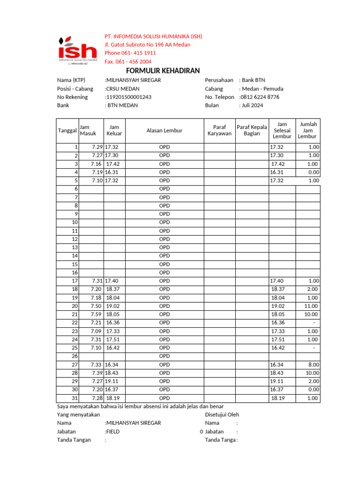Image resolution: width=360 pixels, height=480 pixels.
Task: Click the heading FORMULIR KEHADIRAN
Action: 163,71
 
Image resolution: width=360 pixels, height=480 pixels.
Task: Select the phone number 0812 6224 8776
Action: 259,97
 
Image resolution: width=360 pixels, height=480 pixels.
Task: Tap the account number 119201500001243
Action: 128,97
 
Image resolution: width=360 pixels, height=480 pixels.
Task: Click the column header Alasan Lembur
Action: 164,130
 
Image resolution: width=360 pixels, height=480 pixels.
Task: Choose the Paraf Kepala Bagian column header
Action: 252,130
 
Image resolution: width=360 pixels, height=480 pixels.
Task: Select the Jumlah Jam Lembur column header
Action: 308,130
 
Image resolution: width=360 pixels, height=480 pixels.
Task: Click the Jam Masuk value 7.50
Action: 96,306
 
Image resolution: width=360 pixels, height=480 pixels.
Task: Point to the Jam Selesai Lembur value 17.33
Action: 277,331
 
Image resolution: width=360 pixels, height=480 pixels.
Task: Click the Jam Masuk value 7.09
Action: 96,331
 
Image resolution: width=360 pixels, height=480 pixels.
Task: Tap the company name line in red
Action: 153,37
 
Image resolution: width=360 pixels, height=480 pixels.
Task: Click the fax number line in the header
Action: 128,62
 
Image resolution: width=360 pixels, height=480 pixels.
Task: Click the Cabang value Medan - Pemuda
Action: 262,89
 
